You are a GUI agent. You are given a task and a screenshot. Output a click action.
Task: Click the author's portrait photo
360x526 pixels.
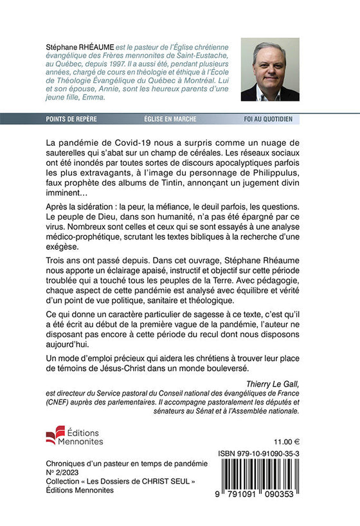tap(269, 69)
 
